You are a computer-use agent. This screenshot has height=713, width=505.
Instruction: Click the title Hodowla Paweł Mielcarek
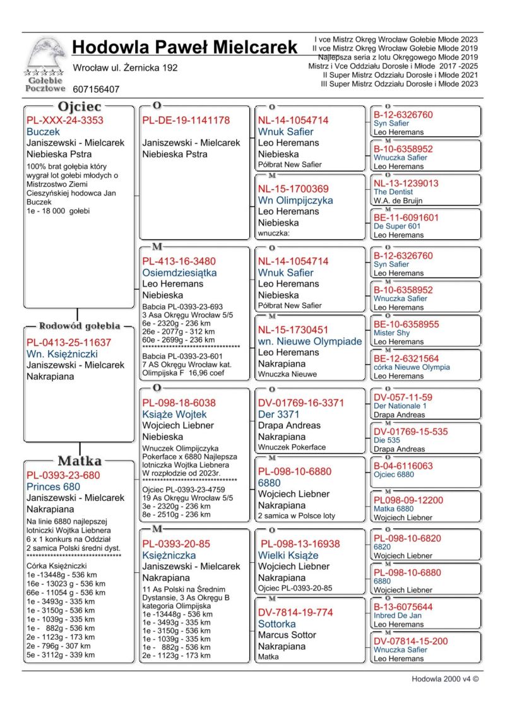[x=184, y=47]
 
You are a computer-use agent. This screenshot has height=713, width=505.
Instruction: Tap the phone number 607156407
[x=96, y=90]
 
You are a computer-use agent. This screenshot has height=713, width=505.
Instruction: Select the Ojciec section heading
[x=80, y=107]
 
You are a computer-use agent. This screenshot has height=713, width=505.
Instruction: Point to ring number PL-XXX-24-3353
[x=65, y=120]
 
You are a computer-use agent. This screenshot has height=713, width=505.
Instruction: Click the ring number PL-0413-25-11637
[x=69, y=342]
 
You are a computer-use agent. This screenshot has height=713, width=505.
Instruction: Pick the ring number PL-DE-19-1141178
[x=186, y=120]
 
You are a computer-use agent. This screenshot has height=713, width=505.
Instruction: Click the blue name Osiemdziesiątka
[x=179, y=273]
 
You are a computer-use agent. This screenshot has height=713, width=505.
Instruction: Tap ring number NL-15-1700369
[x=294, y=188]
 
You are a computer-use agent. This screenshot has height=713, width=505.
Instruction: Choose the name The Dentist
[x=393, y=192]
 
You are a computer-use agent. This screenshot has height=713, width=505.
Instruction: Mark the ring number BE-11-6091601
[x=407, y=217]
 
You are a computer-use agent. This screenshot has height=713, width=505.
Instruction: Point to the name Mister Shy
[x=392, y=333]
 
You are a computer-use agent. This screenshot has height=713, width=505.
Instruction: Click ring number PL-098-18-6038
[x=179, y=403]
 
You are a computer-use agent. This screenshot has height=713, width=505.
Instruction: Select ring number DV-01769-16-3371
[x=301, y=403]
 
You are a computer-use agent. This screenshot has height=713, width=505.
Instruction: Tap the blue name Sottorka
[x=276, y=624]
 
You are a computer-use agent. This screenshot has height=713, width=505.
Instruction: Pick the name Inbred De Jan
[x=398, y=616]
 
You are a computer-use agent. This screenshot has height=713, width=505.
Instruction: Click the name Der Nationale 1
[x=400, y=406]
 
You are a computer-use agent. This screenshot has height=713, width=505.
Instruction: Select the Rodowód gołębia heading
[x=80, y=326]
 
